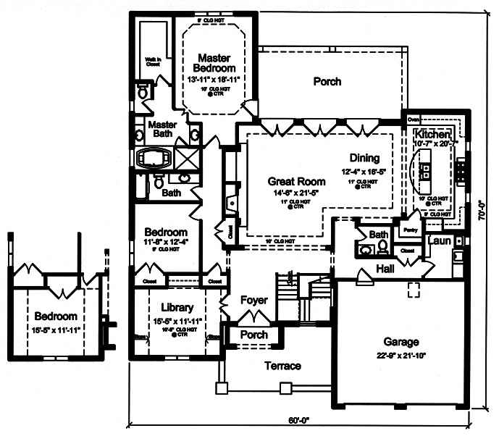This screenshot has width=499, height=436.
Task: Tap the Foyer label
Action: tap(253, 300)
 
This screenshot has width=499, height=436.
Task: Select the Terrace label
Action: tap(282, 366)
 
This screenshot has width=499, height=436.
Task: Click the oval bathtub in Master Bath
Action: tap(153, 158)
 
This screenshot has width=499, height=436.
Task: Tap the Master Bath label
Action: tap(163, 129)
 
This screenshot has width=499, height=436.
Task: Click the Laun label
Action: tap(440, 240)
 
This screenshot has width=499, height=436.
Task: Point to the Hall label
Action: tap(385, 269)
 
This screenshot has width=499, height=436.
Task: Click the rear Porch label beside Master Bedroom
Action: tap(327, 82)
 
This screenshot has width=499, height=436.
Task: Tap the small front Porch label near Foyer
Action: tap(253, 335)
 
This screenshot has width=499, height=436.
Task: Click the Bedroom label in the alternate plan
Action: tap(55, 316)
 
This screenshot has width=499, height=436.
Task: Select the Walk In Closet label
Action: tap(153, 62)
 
